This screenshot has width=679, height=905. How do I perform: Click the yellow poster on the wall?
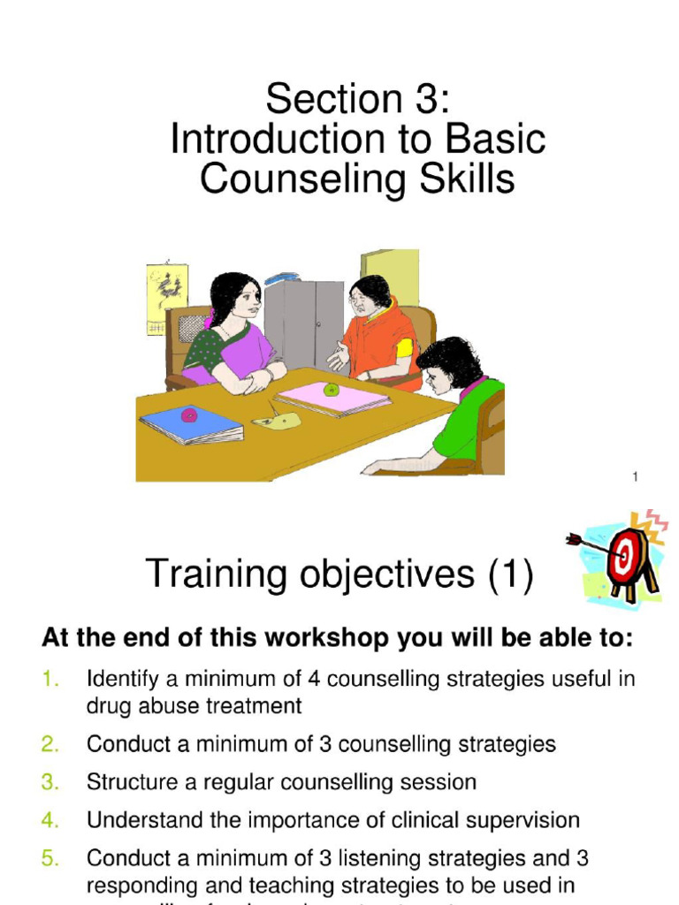click(166, 299)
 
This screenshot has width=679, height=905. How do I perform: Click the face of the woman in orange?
click(361, 300)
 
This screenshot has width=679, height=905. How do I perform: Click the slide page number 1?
click(635, 478)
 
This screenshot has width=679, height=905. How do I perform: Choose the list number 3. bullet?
click(50, 782)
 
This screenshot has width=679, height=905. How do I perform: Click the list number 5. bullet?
click(50, 858)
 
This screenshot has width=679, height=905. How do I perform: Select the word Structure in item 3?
click(129, 782)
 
